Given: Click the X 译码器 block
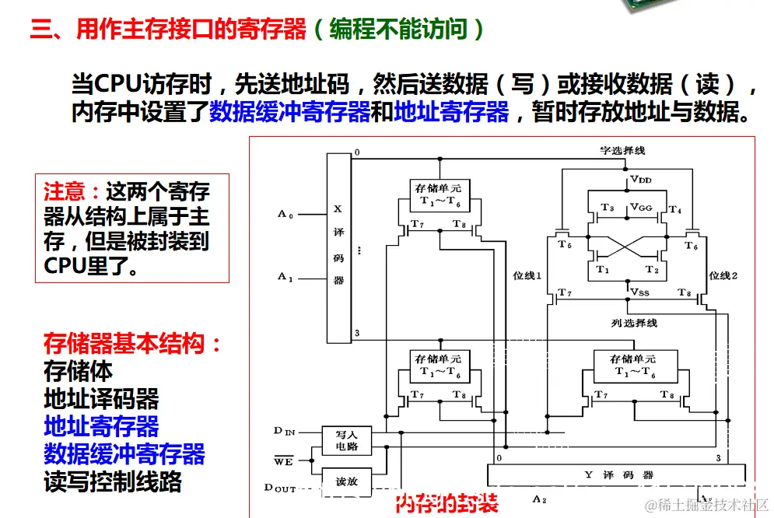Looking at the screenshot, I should [338, 247].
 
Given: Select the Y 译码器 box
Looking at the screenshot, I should [618, 474].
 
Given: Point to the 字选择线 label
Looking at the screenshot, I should [622, 150].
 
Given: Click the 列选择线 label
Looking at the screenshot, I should [634, 321].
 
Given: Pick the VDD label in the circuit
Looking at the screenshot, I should [640, 180].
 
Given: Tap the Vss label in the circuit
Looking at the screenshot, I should [640, 292].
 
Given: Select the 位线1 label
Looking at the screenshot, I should [527, 275].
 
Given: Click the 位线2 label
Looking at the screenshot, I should [723, 275].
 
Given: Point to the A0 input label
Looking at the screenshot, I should [285, 213].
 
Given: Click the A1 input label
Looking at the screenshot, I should [285, 276].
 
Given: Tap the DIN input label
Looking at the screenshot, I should [284, 430].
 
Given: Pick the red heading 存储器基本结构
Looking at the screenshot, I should [132, 344].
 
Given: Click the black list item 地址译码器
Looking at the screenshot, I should [101, 399].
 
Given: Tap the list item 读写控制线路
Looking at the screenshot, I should [113, 481].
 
